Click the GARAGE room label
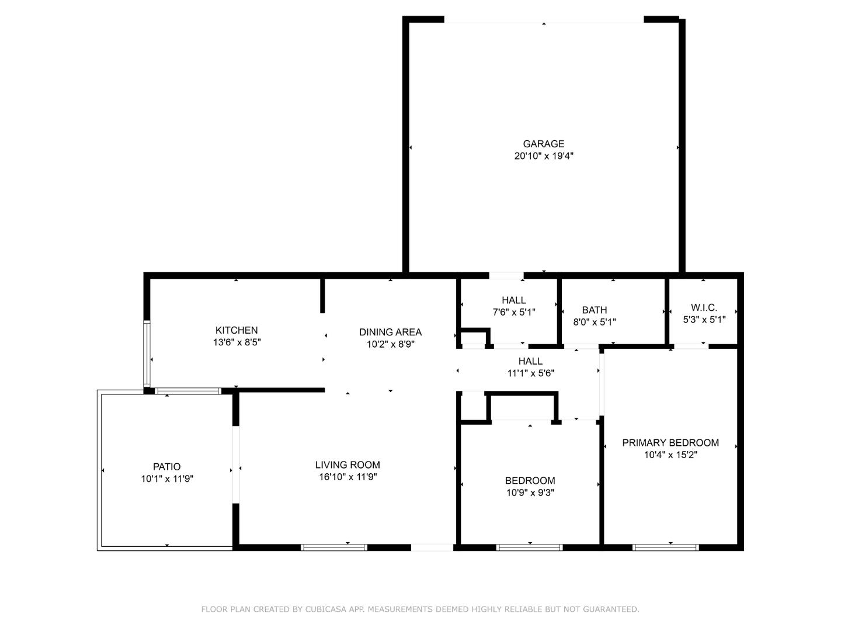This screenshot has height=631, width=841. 543,144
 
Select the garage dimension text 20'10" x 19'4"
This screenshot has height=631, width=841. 543,156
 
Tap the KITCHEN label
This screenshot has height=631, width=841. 237,330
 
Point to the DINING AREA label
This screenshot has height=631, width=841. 390,332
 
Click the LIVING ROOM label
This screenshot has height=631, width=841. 347,465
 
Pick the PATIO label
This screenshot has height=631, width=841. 166,467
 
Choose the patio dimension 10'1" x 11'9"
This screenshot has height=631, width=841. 166,479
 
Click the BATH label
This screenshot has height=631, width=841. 595,310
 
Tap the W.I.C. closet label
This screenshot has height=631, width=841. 704,307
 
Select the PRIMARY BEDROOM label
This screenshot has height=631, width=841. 670,443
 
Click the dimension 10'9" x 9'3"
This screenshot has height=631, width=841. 530,493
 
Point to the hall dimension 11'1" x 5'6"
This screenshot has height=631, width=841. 530,373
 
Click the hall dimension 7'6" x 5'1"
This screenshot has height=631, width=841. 514,313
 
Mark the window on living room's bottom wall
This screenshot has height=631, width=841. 334,547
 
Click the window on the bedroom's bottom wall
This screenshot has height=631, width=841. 529,547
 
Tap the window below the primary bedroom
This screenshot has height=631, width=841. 665,547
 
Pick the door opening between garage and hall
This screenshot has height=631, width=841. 506,275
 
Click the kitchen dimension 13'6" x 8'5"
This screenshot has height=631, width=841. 237,342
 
